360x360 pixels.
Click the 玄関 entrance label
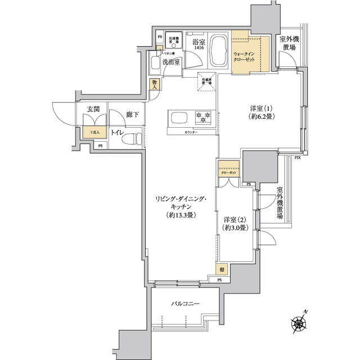[93, 109]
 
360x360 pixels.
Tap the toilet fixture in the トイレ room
[130, 137]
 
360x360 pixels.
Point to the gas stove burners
[202, 118]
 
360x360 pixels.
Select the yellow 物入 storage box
[155, 84]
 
